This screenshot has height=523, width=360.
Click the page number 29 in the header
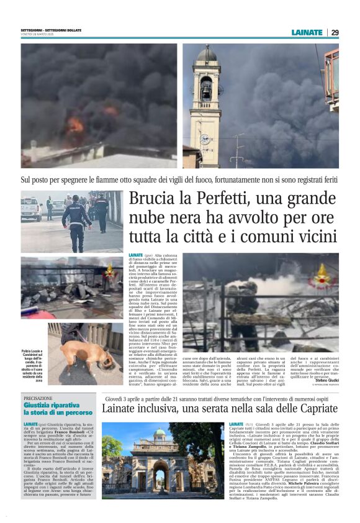pos(335,32)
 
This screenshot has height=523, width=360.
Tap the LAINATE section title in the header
pos(307,32)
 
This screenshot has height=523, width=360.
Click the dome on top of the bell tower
pos(205,54)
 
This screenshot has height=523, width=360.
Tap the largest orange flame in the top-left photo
pos(75,124)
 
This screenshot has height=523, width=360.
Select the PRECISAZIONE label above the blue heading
pos(38,398)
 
